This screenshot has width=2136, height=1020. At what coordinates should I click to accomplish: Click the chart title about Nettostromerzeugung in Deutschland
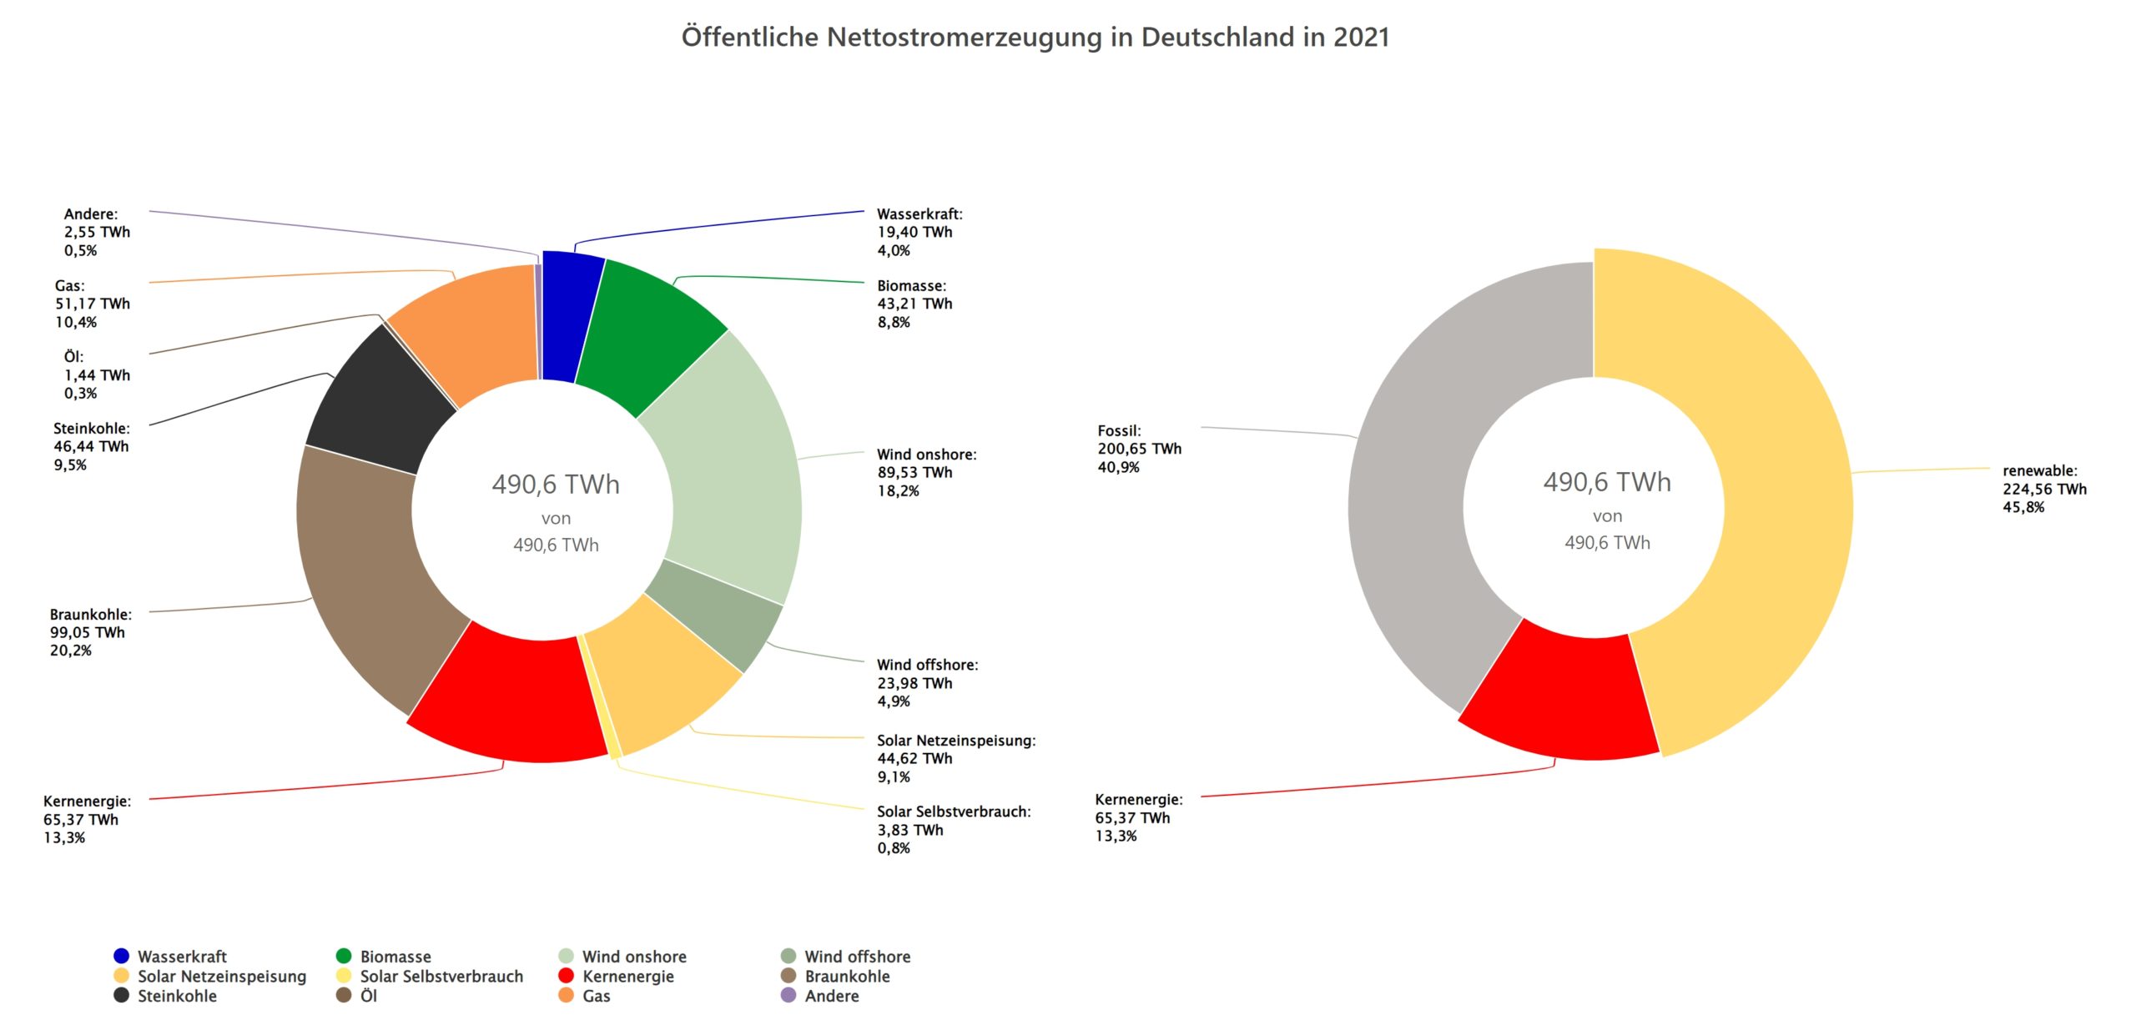[x=1035, y=38]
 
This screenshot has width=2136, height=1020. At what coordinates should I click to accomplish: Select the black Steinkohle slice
[x=380, y=396]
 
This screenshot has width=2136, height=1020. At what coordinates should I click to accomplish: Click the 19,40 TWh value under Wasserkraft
[x=914, y=233]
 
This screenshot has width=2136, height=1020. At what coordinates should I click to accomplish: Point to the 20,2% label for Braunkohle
[x=71, y=651]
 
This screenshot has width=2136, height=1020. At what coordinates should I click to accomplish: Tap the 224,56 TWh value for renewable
[x=2043, y=489]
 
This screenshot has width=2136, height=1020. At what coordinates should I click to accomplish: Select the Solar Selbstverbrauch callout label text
[x=953, y=811]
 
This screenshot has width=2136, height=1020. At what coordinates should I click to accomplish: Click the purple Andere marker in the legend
[x=788, y=995]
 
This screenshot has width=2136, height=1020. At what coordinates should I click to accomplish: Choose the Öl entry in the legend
[x=368, y=996]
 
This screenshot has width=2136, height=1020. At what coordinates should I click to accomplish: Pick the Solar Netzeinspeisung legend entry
[x=221, y=976]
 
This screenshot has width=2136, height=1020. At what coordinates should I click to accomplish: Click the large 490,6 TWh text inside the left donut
[x=556, y=485]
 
